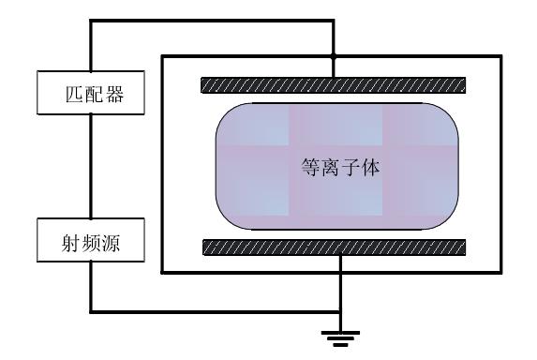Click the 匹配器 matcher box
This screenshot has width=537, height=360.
91,96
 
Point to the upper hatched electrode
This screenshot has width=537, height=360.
334,85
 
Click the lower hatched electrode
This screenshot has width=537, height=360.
334,247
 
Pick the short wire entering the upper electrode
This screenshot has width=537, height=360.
335,67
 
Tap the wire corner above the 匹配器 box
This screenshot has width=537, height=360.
91,21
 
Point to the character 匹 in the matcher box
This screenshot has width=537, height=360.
67,96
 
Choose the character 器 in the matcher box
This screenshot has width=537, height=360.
113,96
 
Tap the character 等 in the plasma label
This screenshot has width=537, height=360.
302,169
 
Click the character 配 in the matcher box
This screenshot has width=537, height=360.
91,96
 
